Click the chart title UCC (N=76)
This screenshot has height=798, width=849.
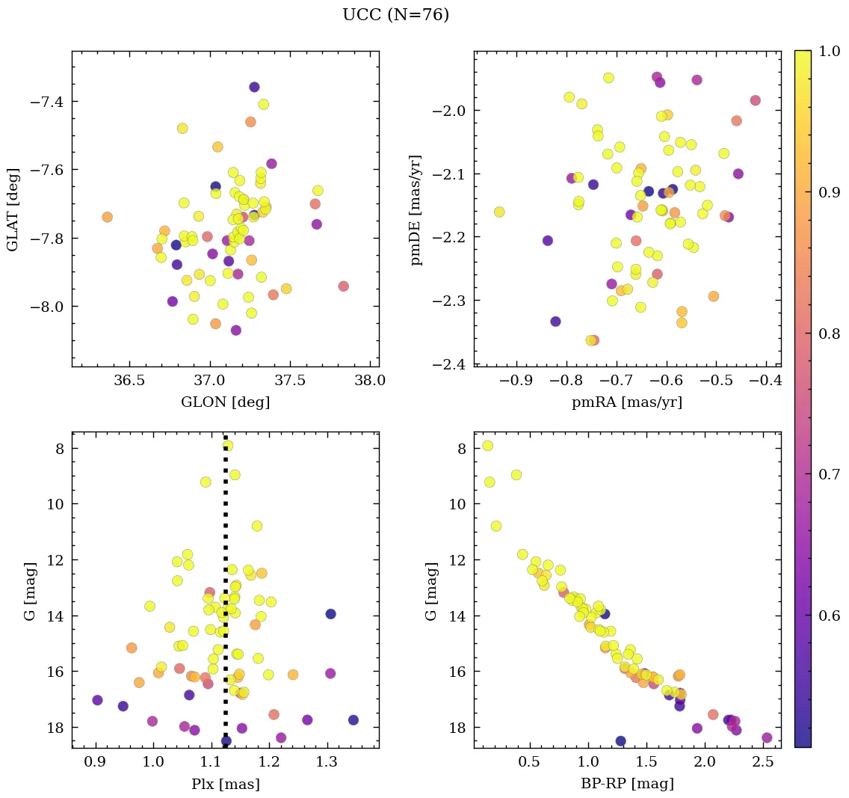[395, 15]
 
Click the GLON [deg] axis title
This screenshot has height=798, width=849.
[225, 402]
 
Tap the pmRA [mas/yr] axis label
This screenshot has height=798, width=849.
[627, 402]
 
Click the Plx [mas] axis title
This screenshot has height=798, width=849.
[225, 784]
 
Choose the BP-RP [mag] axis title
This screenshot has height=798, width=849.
[627, 784]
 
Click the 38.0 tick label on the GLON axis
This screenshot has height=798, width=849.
[371, 381]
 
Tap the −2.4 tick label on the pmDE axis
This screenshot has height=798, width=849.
[448, 364]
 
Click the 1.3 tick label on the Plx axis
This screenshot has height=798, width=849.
[327, 762]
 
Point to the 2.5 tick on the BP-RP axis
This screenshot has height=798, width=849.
[762, 762]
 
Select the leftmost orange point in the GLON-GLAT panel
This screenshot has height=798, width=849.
[107, 217]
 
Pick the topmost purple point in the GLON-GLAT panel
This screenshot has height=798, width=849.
[254, 88]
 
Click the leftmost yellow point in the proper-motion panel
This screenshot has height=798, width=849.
[499, 212]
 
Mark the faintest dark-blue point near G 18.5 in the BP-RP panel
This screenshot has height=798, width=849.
[620, 741]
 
